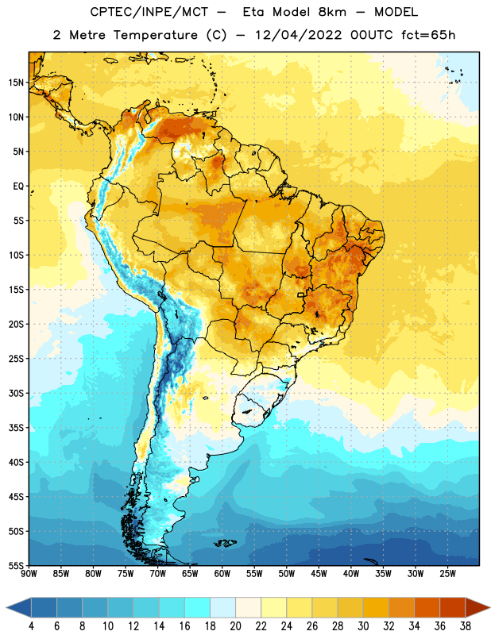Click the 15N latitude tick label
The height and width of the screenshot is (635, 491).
pos(16,83)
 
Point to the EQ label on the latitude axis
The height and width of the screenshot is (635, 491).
pos(18,187)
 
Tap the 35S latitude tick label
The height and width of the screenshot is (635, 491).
pos(16,428)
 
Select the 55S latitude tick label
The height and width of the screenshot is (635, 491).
pos(16,566)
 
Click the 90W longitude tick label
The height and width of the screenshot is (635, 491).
pos(29,574)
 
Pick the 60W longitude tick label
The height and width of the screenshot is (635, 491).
pos(222,574)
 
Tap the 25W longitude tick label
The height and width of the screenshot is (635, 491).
pos(447,574)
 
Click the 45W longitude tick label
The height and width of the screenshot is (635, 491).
pos(319,574)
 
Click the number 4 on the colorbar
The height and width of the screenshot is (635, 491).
pos(31,626)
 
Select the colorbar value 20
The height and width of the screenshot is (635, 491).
pos(235,626)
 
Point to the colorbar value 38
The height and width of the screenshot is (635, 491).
pos(466,626)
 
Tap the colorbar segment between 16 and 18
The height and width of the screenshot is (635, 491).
pos(197,608)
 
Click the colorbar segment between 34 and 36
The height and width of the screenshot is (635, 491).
pos(427,608)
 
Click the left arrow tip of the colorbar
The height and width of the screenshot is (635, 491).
pos(6,608)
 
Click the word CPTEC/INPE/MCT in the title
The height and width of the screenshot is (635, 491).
pos(149,12)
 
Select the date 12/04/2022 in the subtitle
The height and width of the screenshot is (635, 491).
pos(298,35)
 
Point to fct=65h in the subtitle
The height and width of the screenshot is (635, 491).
pos(428,35)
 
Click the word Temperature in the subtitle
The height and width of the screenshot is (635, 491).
pos(155,35)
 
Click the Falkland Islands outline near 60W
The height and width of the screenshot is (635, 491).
pos(226,543)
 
